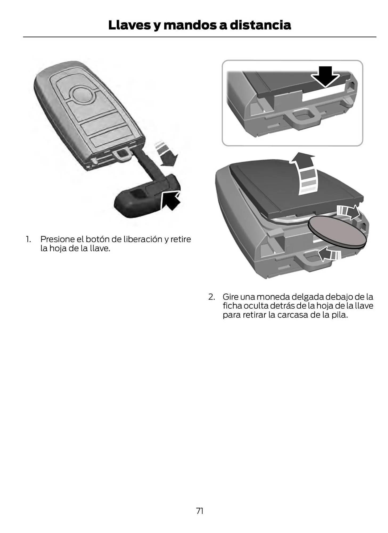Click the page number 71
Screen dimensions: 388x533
click(200, 511)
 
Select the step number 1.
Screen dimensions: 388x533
click(28, 239)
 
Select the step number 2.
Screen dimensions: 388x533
click(211, 297)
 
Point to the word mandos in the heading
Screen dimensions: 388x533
click(190, 25)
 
